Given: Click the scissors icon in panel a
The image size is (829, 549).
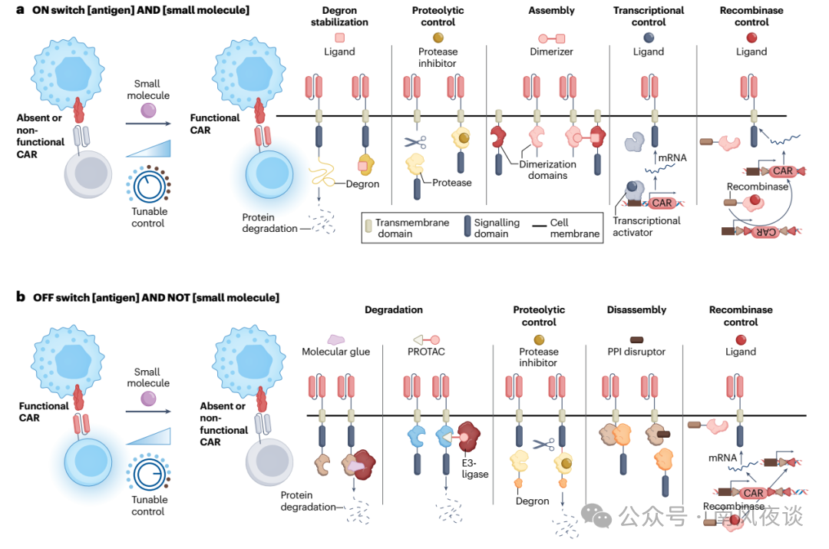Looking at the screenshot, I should click(415, 142).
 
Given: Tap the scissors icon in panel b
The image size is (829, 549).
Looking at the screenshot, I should click(543, 443).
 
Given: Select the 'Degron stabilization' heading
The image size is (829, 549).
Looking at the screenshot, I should click(339, 16).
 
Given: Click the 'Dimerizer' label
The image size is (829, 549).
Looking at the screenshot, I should click(551, 51).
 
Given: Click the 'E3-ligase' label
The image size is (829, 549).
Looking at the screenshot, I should click(476, 468).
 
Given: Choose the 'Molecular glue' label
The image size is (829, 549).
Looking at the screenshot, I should click(335, 352).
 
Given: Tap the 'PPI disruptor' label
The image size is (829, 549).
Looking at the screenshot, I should click(636, 352).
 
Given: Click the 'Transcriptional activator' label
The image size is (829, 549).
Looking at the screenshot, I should click(646, 227).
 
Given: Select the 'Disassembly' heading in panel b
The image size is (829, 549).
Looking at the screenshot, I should click(636, 310).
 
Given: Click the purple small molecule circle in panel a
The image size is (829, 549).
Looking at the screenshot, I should click(147, 112).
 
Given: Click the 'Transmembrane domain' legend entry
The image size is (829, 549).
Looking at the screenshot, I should click(406, 228).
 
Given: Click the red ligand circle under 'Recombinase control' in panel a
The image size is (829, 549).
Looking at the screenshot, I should click(751, 37).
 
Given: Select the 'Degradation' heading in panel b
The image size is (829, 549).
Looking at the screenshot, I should click(393, 310).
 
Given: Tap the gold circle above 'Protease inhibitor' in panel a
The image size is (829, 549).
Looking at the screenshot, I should click(438, 37).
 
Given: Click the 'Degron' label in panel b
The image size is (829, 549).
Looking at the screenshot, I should click(532, 501).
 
